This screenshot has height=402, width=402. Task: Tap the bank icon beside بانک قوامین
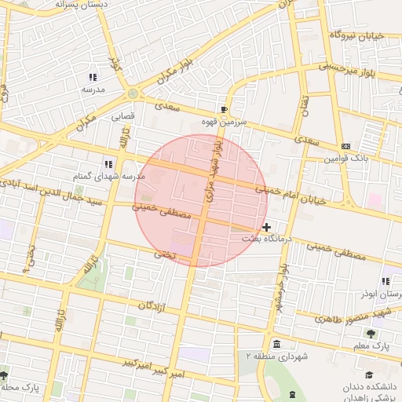345,146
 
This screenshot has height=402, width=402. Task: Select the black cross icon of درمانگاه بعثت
267,227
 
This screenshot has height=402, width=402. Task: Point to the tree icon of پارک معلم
382,333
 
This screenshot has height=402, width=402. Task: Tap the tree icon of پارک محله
5,375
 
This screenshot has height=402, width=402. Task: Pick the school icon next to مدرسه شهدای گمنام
108,164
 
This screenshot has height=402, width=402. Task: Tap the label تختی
165,254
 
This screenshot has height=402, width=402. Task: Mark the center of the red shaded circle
201,200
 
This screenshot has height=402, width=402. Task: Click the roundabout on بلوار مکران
133,93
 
